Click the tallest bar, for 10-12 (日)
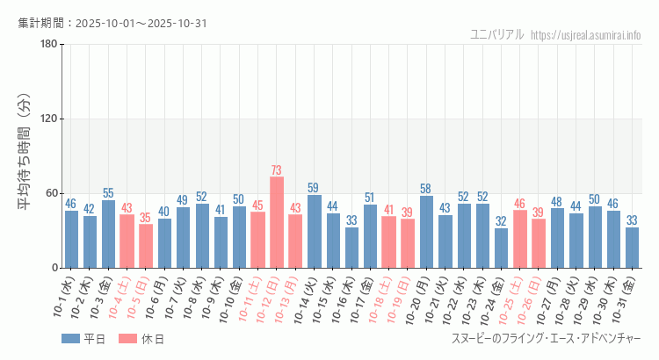(277, 222)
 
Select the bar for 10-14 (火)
(314, 231)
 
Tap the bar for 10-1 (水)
(71, 239)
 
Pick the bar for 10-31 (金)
(632, 248)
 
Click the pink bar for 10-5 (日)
(146, 246)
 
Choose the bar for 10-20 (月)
(426, 232)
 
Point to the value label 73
(277, 170)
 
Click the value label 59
(314, 188)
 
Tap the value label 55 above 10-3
(108, 193)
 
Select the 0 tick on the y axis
(54, 268)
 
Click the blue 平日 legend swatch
(70, 339)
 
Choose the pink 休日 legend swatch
(127, 339)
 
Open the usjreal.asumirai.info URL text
(586, 34)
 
